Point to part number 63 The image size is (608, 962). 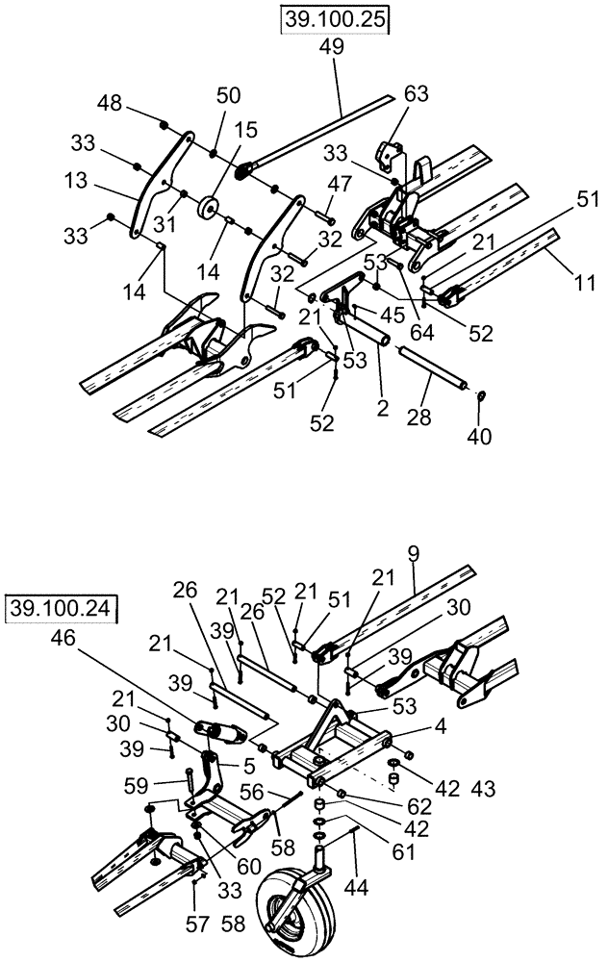pos(415,94)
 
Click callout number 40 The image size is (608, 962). pos(479,437)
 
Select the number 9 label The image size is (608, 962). pos(414,554)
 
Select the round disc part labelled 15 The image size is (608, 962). pos(207,208)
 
